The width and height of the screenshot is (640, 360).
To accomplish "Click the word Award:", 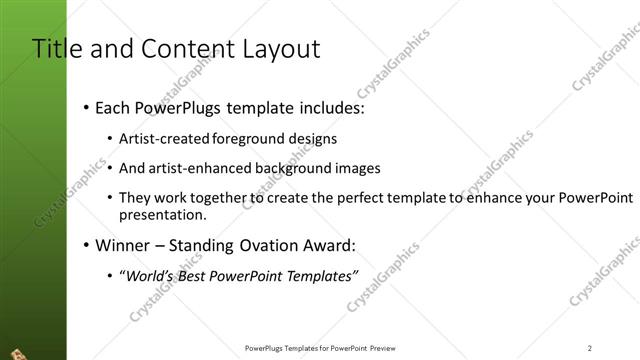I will click(x=327, y=244).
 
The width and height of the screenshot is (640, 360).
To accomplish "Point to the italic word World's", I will click(x=147, y=274).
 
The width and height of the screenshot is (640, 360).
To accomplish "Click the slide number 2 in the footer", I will click(x=590, y=348).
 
